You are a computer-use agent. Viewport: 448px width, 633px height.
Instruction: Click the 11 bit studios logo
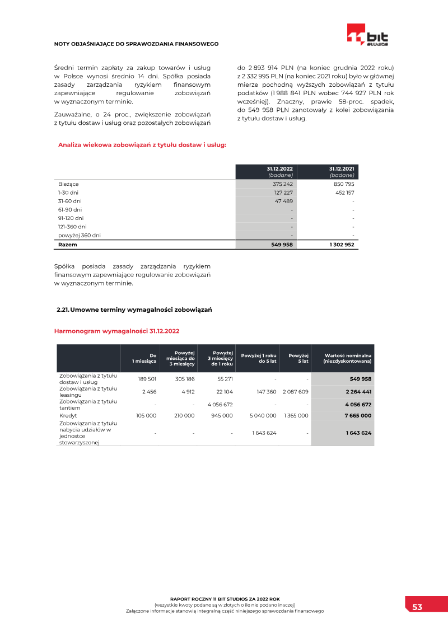pyautogui.click(x=367, y=35)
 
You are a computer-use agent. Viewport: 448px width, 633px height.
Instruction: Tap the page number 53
pyautogui.click(x=417, y=607)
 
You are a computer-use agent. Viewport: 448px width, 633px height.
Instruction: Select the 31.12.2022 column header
pyautogui.click(x=279, y=171)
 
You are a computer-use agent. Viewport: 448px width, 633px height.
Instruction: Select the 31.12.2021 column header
pyautogui.click(x=341, y=171)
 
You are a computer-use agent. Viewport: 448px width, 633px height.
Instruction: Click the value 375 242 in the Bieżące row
pyautogui.click(x=283, y=184)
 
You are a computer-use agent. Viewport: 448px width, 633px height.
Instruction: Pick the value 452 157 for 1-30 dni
pyautogui.click(x=344, y=192)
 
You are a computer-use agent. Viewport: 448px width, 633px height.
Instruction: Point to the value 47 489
pyautogui.click(x=284, y=200)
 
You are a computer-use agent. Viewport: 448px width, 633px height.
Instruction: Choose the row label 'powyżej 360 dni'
pyautogui.click(x=80, y=236)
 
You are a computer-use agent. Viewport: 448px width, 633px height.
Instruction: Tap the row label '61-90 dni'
pyautogui.click(x=70, y=209)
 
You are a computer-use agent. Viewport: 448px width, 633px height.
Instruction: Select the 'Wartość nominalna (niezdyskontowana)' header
pyautogui.click(x=347, y=358)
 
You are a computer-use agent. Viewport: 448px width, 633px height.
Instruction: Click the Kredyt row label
pyautogui.click(x=68, y=416)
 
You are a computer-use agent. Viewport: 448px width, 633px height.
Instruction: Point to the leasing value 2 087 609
pyautogui.click(x=296, y=392)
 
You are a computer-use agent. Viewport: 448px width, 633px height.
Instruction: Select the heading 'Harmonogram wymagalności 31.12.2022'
pyautogui.click(x=116, y=331)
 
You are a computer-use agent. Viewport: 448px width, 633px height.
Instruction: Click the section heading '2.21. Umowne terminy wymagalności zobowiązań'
pyautogui.click(x=134, y=310)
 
